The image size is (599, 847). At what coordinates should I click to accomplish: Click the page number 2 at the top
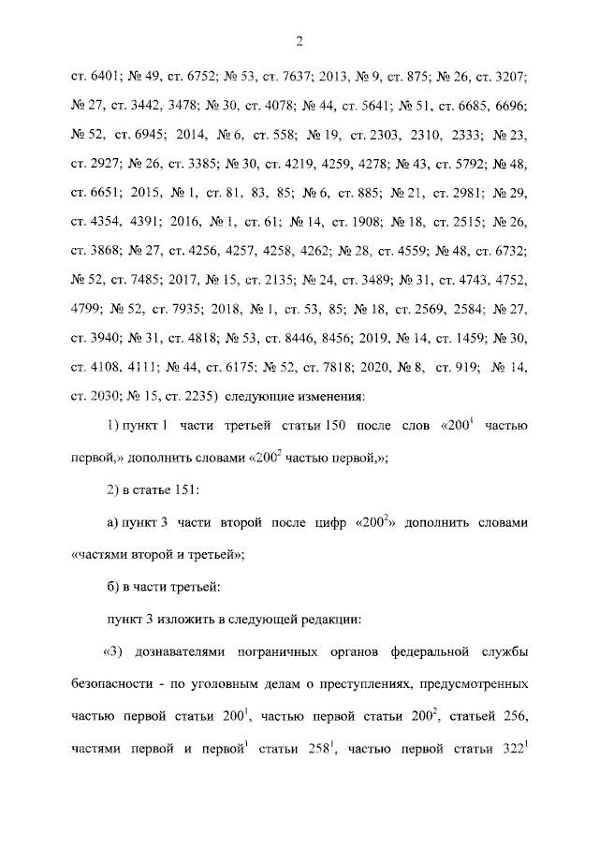click(x=299, y=40)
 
